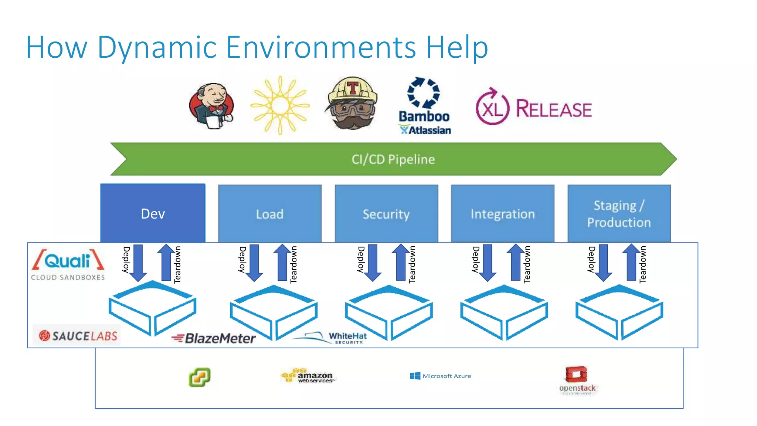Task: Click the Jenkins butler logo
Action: pyautogui.click(x=211, y=106)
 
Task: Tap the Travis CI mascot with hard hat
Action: pyautogui.click(x=352, y=104)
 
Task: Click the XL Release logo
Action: pyautogui.click(x=533, y=108)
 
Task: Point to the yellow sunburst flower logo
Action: pyautogui.click(x=280, y=105)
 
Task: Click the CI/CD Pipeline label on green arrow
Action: pyautogui.click(x=393, y=159)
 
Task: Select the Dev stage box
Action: pyautogui.click(x=153, y=213)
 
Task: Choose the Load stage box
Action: pyautogui.click(x=269, y=214)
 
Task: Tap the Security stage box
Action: pyautogui.click(x=386, y=214)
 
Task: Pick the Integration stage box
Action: pyautogui.click(x=502, y=214)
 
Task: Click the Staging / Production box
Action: pyautogui.click(x=619, y=214)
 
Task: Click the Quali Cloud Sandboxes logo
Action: pyautogui.click(x=68, y=265)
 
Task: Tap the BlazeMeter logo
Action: pyautogui.click(x=214, y=338)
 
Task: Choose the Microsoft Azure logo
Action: pyautogui.click(x=440, y=376)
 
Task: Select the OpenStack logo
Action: pyautogui.click(x=577, y=380)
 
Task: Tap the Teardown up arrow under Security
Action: pyautogui.click(x=401, y=262)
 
